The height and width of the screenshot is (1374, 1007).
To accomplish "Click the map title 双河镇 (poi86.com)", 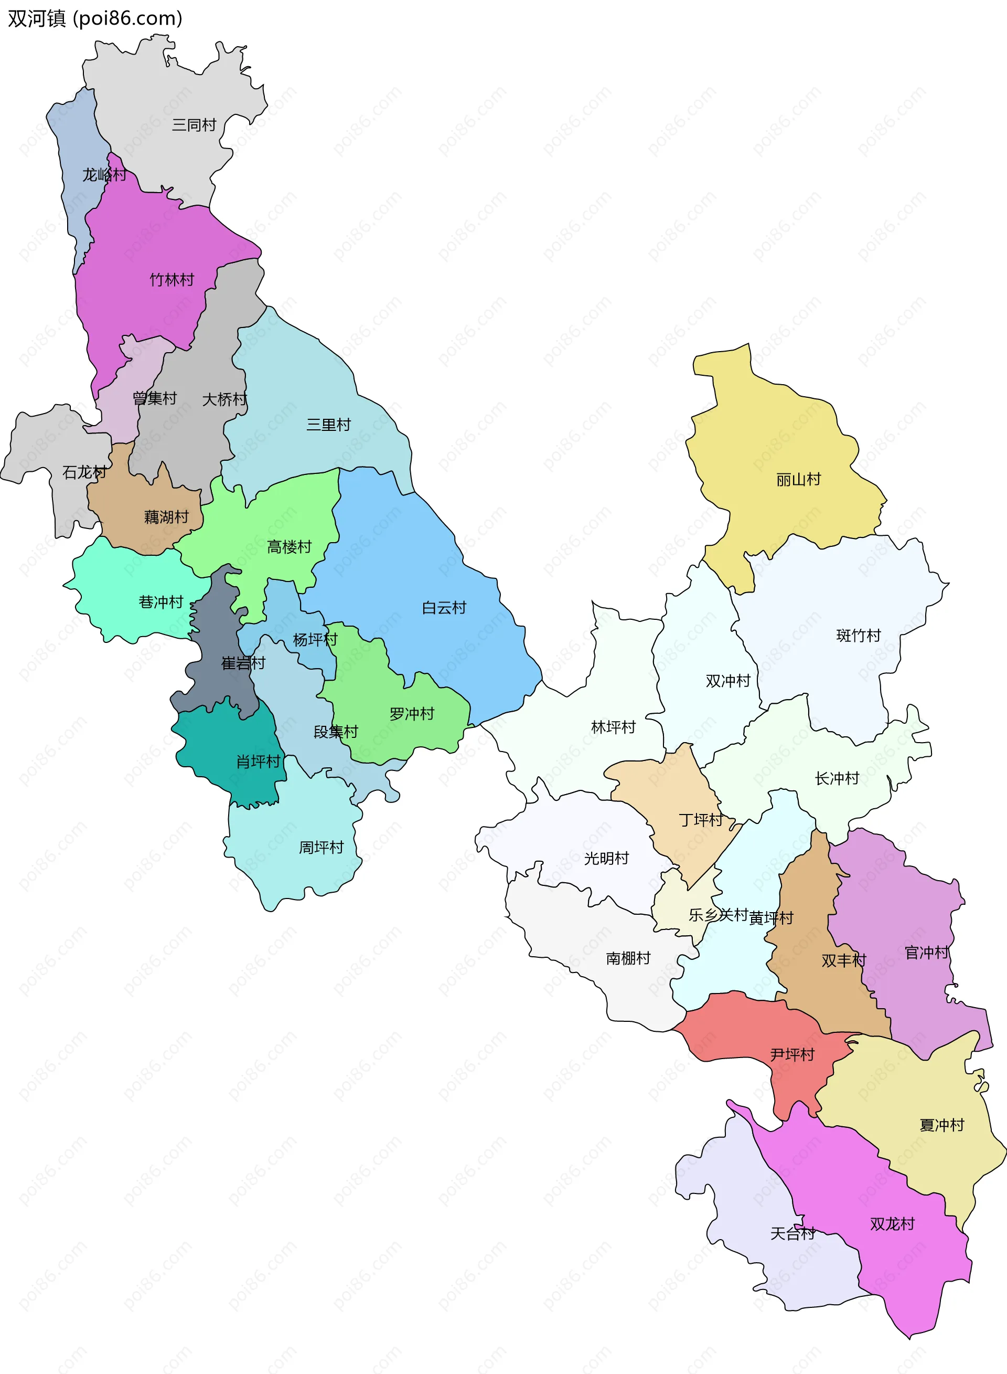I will point(95,19).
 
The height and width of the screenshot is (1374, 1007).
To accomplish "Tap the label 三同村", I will point(194,125).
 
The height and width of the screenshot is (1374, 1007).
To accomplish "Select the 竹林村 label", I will point(172,280).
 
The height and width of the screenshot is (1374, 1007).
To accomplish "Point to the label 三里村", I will point(328,425).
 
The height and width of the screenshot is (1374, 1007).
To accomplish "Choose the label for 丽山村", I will point(798,479).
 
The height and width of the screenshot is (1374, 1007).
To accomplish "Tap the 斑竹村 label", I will point(858,636).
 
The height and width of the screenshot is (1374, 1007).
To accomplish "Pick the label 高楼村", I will point(289,546).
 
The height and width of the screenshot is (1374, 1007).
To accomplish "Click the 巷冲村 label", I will point(161,602).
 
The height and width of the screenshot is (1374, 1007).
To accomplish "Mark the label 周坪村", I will point(321,847).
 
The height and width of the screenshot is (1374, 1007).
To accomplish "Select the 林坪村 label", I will point(613,727).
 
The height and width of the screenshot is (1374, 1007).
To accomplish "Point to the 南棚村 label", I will point(628,958).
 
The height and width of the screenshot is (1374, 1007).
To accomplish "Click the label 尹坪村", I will point(792,1054).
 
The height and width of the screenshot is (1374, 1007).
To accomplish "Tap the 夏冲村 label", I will point(942,1125).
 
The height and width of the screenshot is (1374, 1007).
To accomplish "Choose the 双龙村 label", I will point(892,1223).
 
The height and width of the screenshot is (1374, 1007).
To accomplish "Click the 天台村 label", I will point(792,1234).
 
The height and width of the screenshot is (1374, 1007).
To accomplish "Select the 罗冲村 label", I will point(412,714).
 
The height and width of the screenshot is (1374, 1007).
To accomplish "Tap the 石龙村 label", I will point(84,472).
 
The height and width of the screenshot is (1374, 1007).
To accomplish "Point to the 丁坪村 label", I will point(701,820).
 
